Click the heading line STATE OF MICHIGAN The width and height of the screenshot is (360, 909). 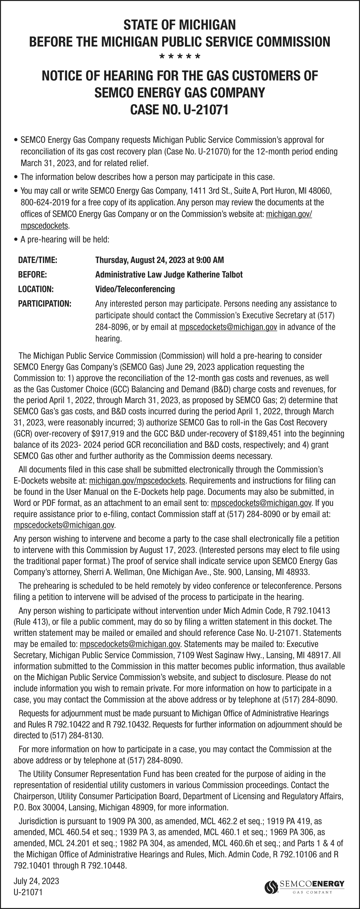pos(180,25)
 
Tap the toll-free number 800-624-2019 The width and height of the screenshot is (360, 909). pos(42,203)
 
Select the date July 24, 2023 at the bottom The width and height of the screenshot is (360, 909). pos(36,881)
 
